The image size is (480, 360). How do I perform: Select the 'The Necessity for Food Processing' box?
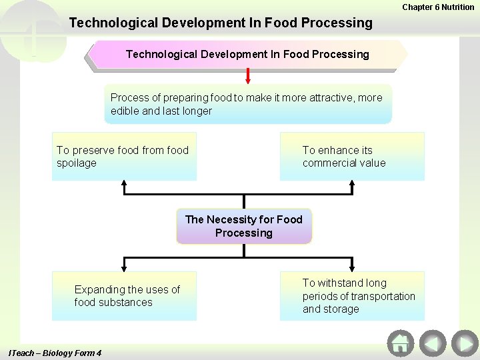244,226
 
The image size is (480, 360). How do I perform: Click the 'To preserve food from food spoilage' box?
125,157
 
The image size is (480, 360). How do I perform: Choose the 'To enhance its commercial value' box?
352,157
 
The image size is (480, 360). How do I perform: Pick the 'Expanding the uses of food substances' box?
125,296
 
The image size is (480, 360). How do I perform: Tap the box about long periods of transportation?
352,296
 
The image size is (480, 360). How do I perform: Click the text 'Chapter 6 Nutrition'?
438,7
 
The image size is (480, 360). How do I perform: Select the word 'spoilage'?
77,163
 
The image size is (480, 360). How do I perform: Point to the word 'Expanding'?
99,289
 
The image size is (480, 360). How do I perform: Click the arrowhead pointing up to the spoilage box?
125,185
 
